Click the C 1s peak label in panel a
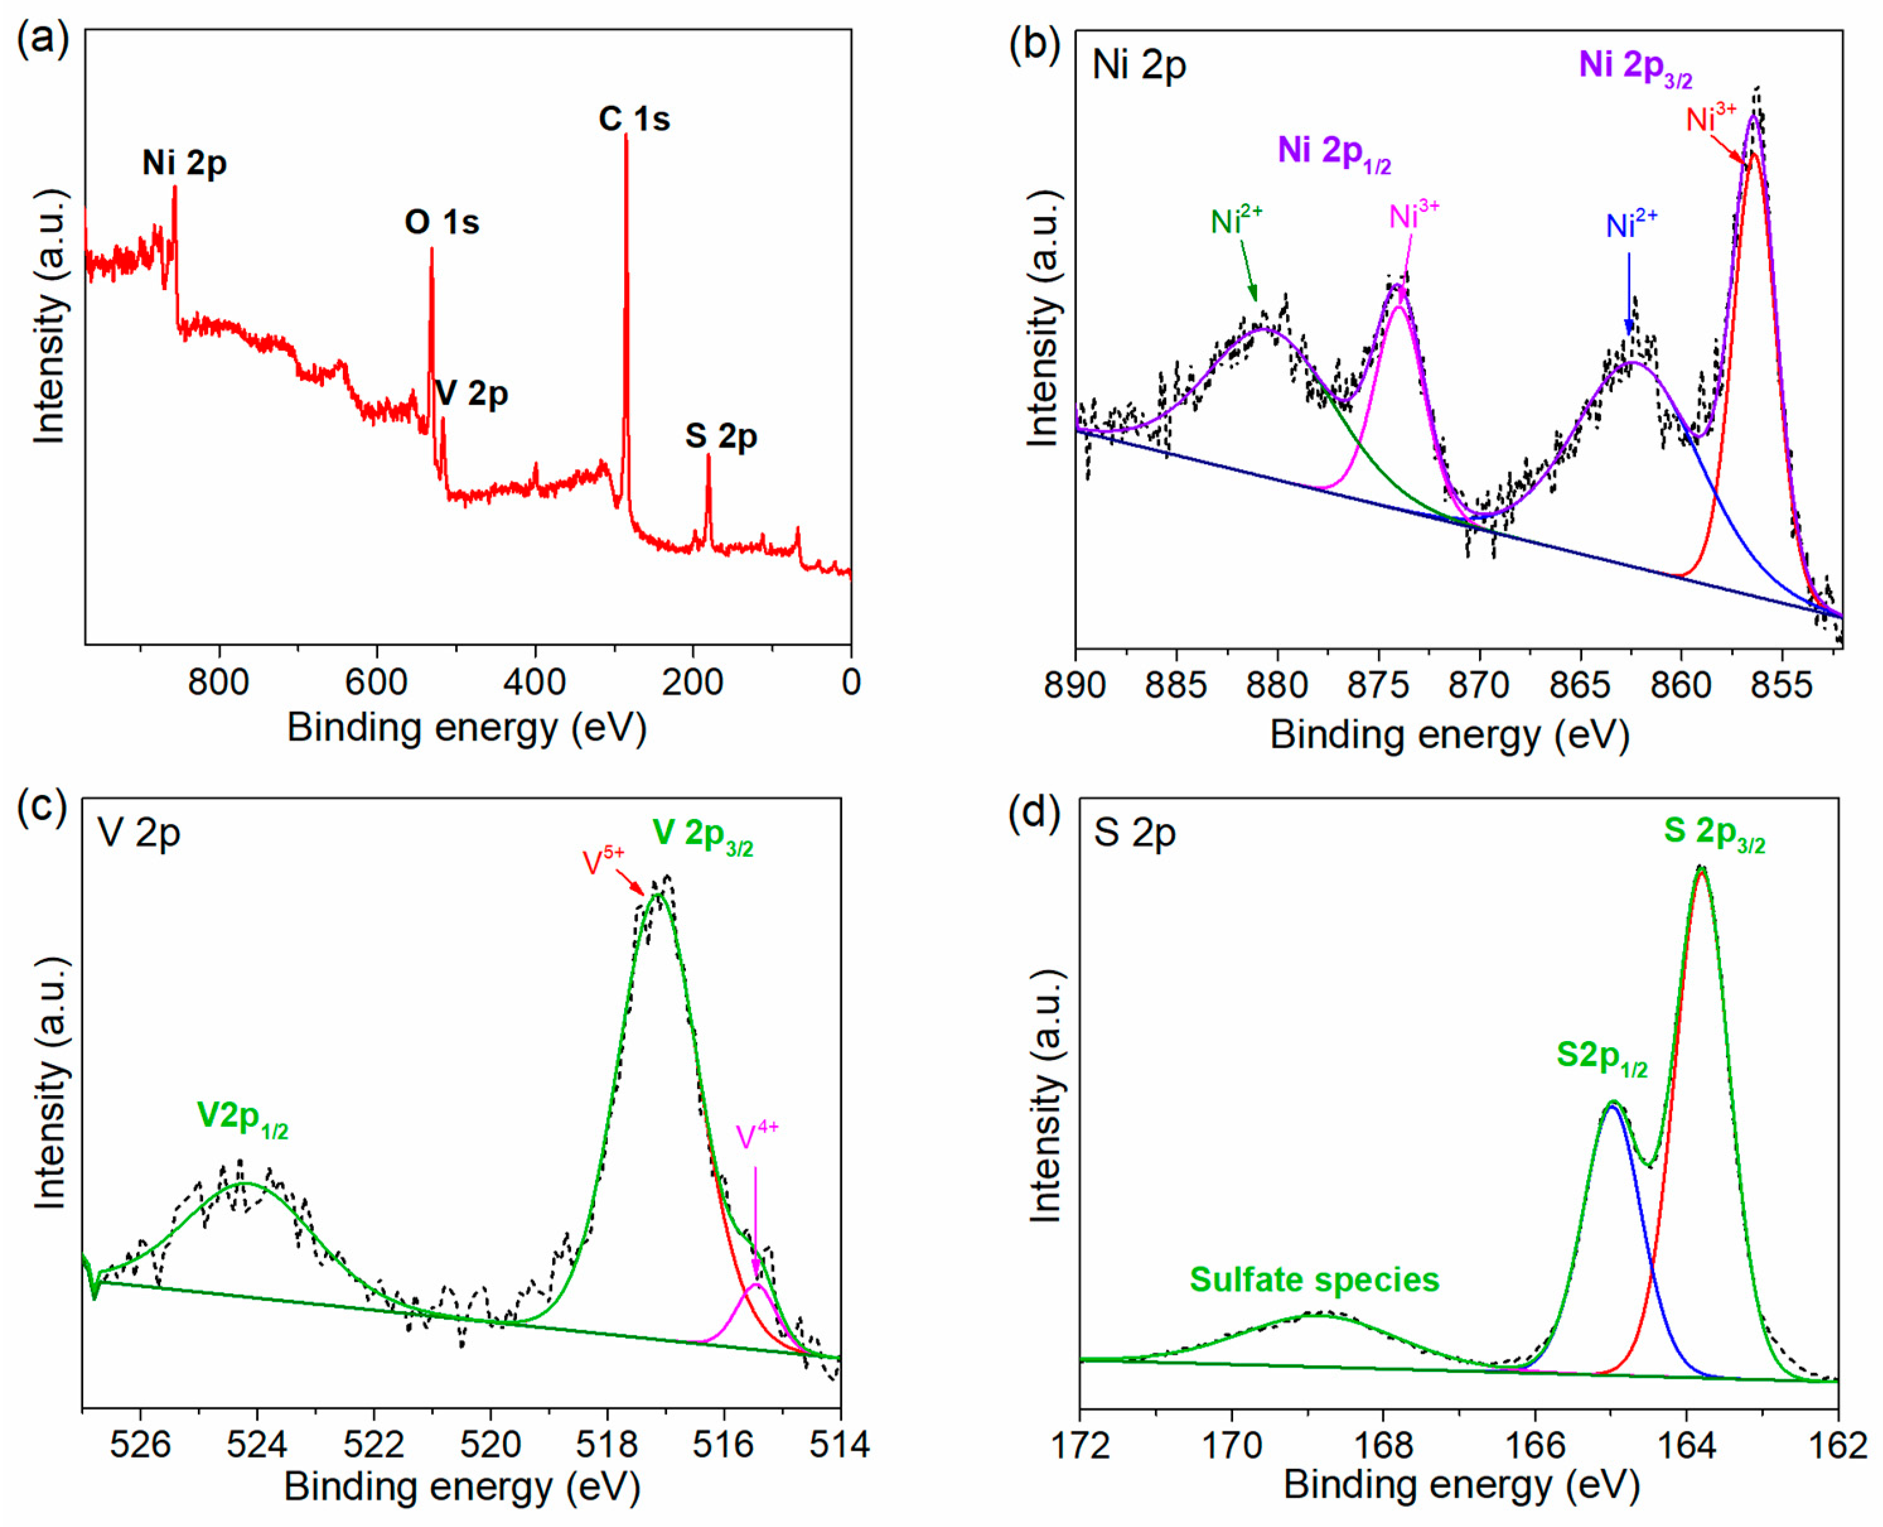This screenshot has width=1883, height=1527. [634, 119]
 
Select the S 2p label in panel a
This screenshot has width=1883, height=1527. [721, 436]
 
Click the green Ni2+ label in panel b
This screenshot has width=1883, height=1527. [1236, 220]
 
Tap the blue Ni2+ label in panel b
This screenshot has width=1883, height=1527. [1631, 225]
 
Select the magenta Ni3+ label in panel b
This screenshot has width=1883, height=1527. [1413, 214]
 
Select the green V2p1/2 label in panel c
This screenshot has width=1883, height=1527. [242, 1119]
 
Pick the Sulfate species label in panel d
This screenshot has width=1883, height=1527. [1314, 1280]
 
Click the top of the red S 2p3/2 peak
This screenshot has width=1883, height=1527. [1701, 870]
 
